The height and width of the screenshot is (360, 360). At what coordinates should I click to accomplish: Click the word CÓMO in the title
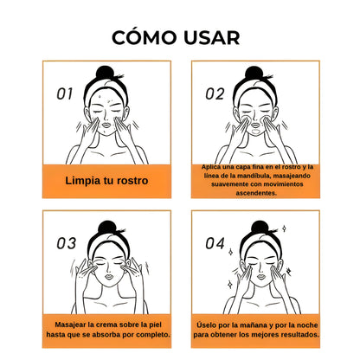pos(142,37)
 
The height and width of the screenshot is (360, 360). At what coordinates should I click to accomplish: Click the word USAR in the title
pos(209,37)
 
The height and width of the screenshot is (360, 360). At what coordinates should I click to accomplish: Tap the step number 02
pos(215,93)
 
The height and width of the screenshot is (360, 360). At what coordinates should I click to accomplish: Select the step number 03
pos(67,243)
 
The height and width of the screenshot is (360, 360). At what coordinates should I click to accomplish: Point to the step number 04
pos(215,243)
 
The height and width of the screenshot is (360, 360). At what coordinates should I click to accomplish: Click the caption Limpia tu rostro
pos(107,181)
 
